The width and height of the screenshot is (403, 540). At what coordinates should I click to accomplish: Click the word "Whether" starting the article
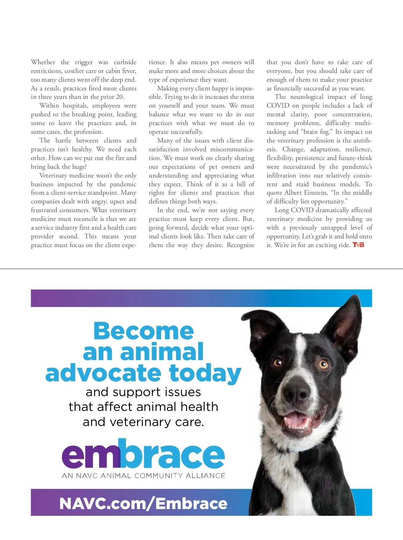[43, 62]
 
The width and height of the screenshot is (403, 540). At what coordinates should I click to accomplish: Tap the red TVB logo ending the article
[358, 245]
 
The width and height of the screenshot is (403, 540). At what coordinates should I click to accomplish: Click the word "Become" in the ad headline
[143, 331]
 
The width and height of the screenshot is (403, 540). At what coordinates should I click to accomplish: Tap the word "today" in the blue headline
[205, 373]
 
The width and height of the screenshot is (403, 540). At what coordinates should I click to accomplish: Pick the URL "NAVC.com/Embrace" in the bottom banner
[143, 503]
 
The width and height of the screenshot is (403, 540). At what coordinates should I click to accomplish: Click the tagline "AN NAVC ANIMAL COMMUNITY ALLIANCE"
[143, 476]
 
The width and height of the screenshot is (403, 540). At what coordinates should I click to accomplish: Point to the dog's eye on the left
[278, 362]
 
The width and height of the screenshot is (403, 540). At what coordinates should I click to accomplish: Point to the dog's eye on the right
[323, 364]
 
